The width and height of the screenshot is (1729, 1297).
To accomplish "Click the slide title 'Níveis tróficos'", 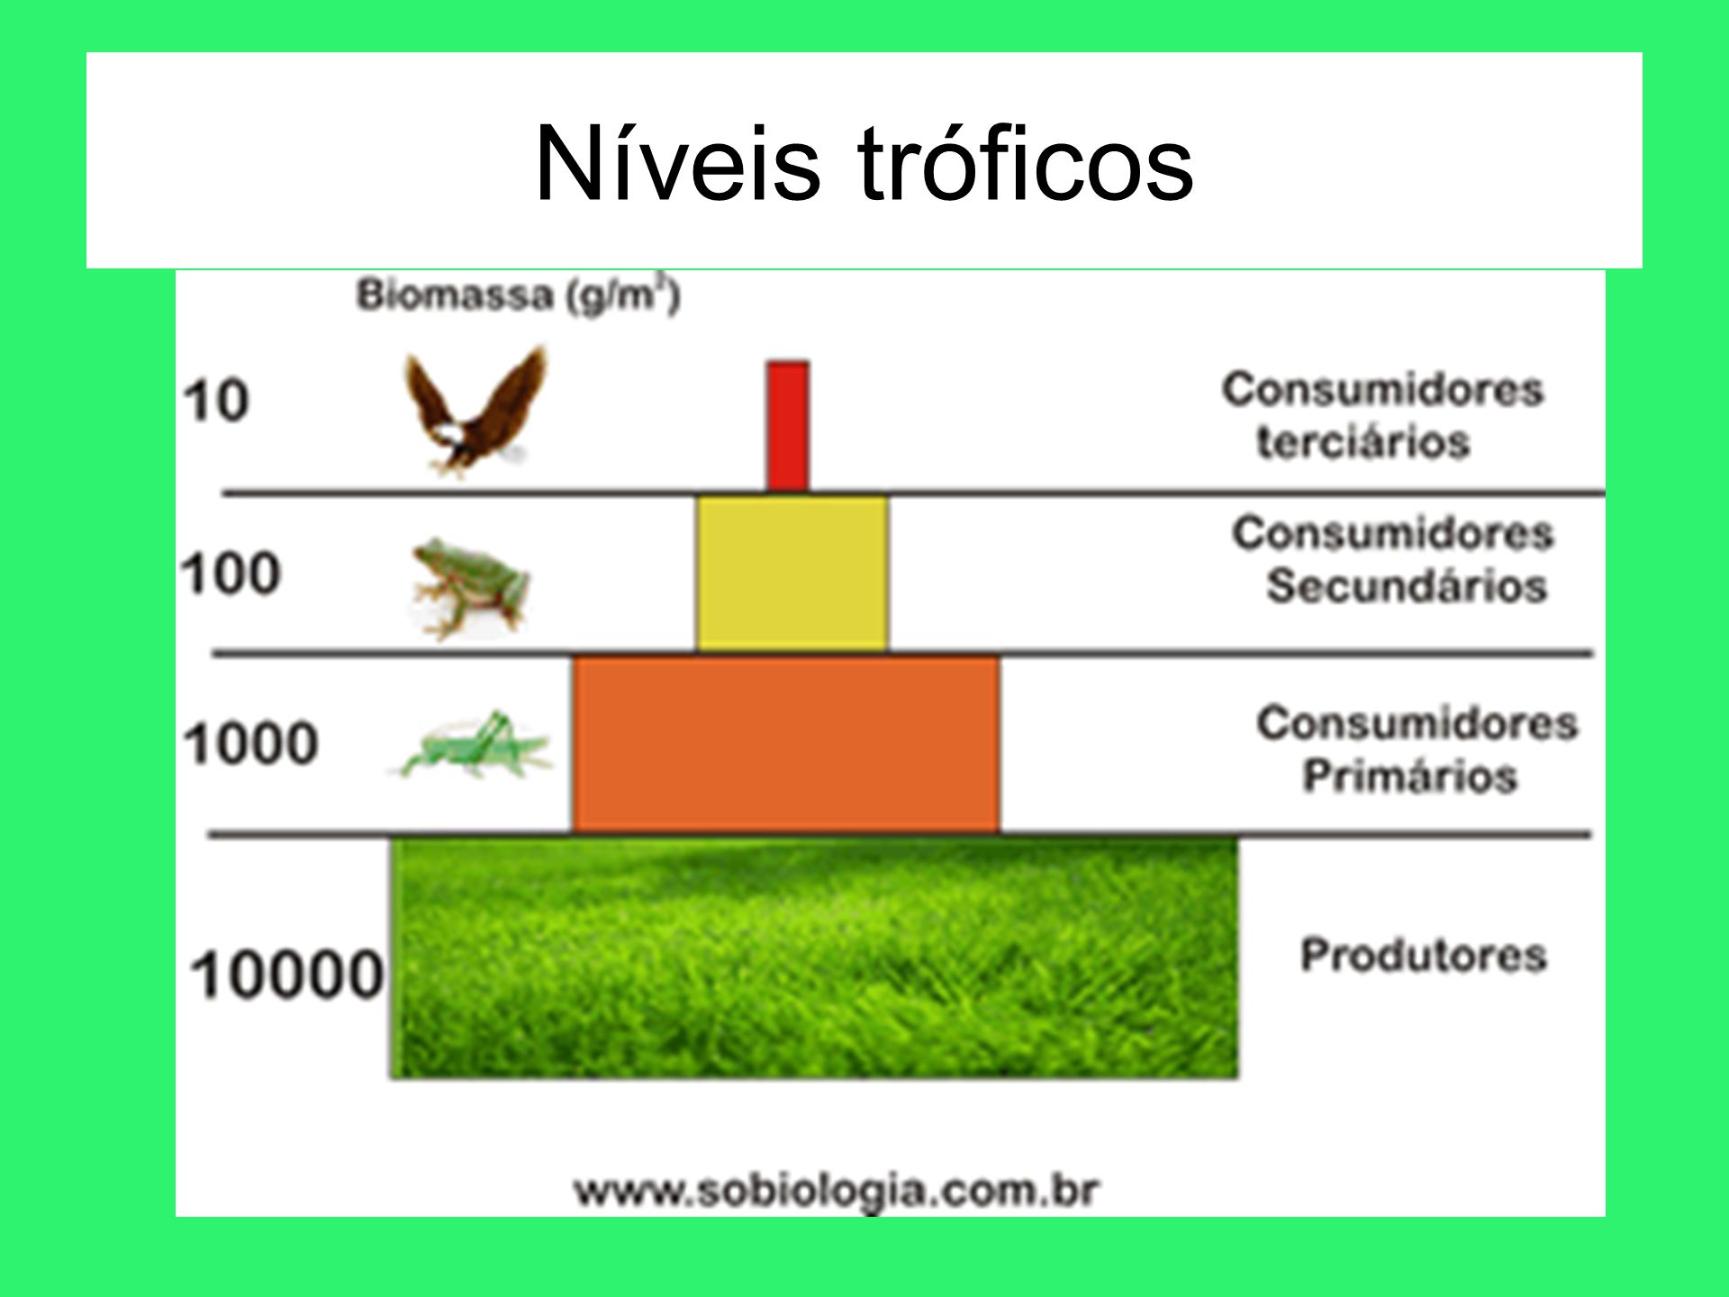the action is click(x=864, y=164).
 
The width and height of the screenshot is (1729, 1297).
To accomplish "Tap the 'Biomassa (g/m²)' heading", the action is click(x=518, y=295).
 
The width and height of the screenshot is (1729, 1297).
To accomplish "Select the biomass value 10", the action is click(x=216, y=401).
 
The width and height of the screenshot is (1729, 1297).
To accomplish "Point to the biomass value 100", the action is click(x=231, y=574).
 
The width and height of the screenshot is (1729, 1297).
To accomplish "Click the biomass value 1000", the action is click(x=251, y=744).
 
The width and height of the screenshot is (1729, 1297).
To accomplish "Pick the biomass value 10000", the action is click(x=287, y=975).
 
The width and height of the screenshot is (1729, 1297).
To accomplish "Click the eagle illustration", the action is click(x=475, y=411).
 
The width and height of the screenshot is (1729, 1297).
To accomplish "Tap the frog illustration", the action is click(x=469, y=588).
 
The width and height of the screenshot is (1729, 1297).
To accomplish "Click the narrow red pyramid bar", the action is click(x=788, y=427).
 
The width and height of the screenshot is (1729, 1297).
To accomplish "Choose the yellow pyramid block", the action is click(x=792, y=574).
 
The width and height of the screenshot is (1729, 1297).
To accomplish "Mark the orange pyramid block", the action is click(x=785, y=745).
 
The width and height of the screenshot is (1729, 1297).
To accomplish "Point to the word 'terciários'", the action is click(x=1363, y=442).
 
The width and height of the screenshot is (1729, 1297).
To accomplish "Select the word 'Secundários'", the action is click(x=1407, y=585).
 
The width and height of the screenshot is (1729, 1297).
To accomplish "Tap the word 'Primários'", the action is click(x=1410, y=775).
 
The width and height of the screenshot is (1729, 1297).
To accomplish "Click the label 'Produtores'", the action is click(x=1424, y=955).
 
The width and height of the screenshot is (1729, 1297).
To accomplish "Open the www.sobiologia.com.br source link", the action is click(x=837, y=1191).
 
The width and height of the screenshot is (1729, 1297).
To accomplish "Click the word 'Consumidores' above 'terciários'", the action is click(x=1382, y=390).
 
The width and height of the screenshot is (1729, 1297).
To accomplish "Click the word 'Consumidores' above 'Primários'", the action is click(x=1417, y=723).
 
